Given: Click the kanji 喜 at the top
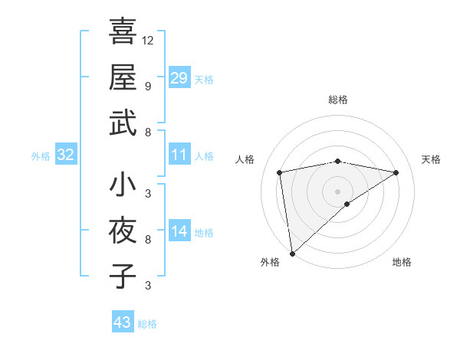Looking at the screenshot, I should click(123, 33).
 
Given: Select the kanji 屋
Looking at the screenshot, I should click(123, 77).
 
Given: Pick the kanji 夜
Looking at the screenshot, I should click(123, 231).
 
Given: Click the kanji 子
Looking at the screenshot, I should click(123, 276).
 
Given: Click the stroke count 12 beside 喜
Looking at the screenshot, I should click(149, 40).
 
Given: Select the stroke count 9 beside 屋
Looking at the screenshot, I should click(147, 85).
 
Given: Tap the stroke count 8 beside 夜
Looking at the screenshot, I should click(147, 240).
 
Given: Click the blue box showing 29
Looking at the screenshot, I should click(179, 78).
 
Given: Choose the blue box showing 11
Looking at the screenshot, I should click(179, 155).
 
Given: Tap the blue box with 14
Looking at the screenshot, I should click(179, 232).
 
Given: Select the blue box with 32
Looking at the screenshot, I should click(66, 155).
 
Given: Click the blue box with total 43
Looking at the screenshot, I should click(123, 322).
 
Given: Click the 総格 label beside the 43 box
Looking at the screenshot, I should click(147, 324).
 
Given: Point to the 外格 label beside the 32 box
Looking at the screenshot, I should click(41, 156).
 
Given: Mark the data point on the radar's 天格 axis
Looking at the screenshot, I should click(396, 172).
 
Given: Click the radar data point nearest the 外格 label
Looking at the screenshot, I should click(291, 253).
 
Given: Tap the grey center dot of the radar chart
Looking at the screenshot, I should click(337, 191).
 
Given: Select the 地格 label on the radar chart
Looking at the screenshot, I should click(402, 262).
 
